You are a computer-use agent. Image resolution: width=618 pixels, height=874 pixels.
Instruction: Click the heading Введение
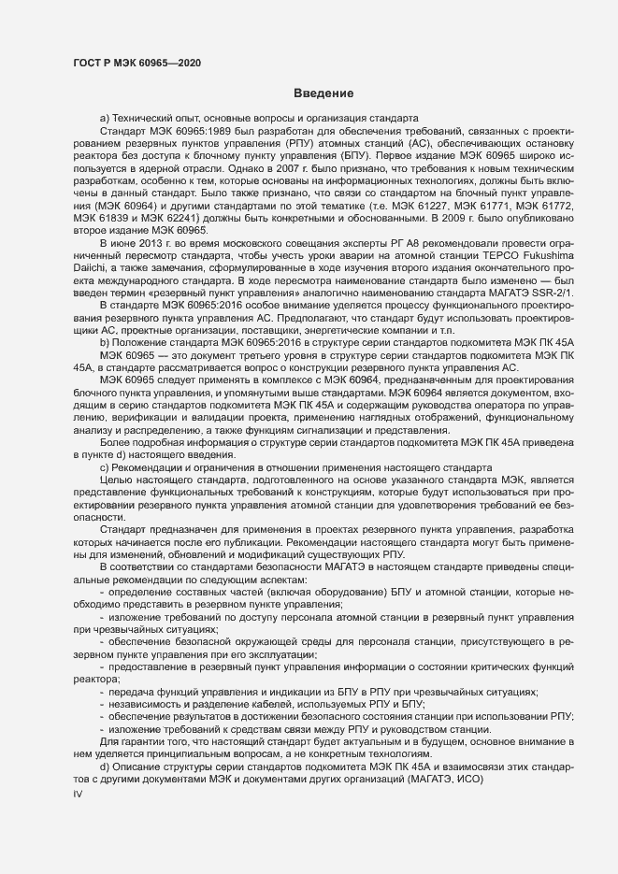[323, 93]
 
